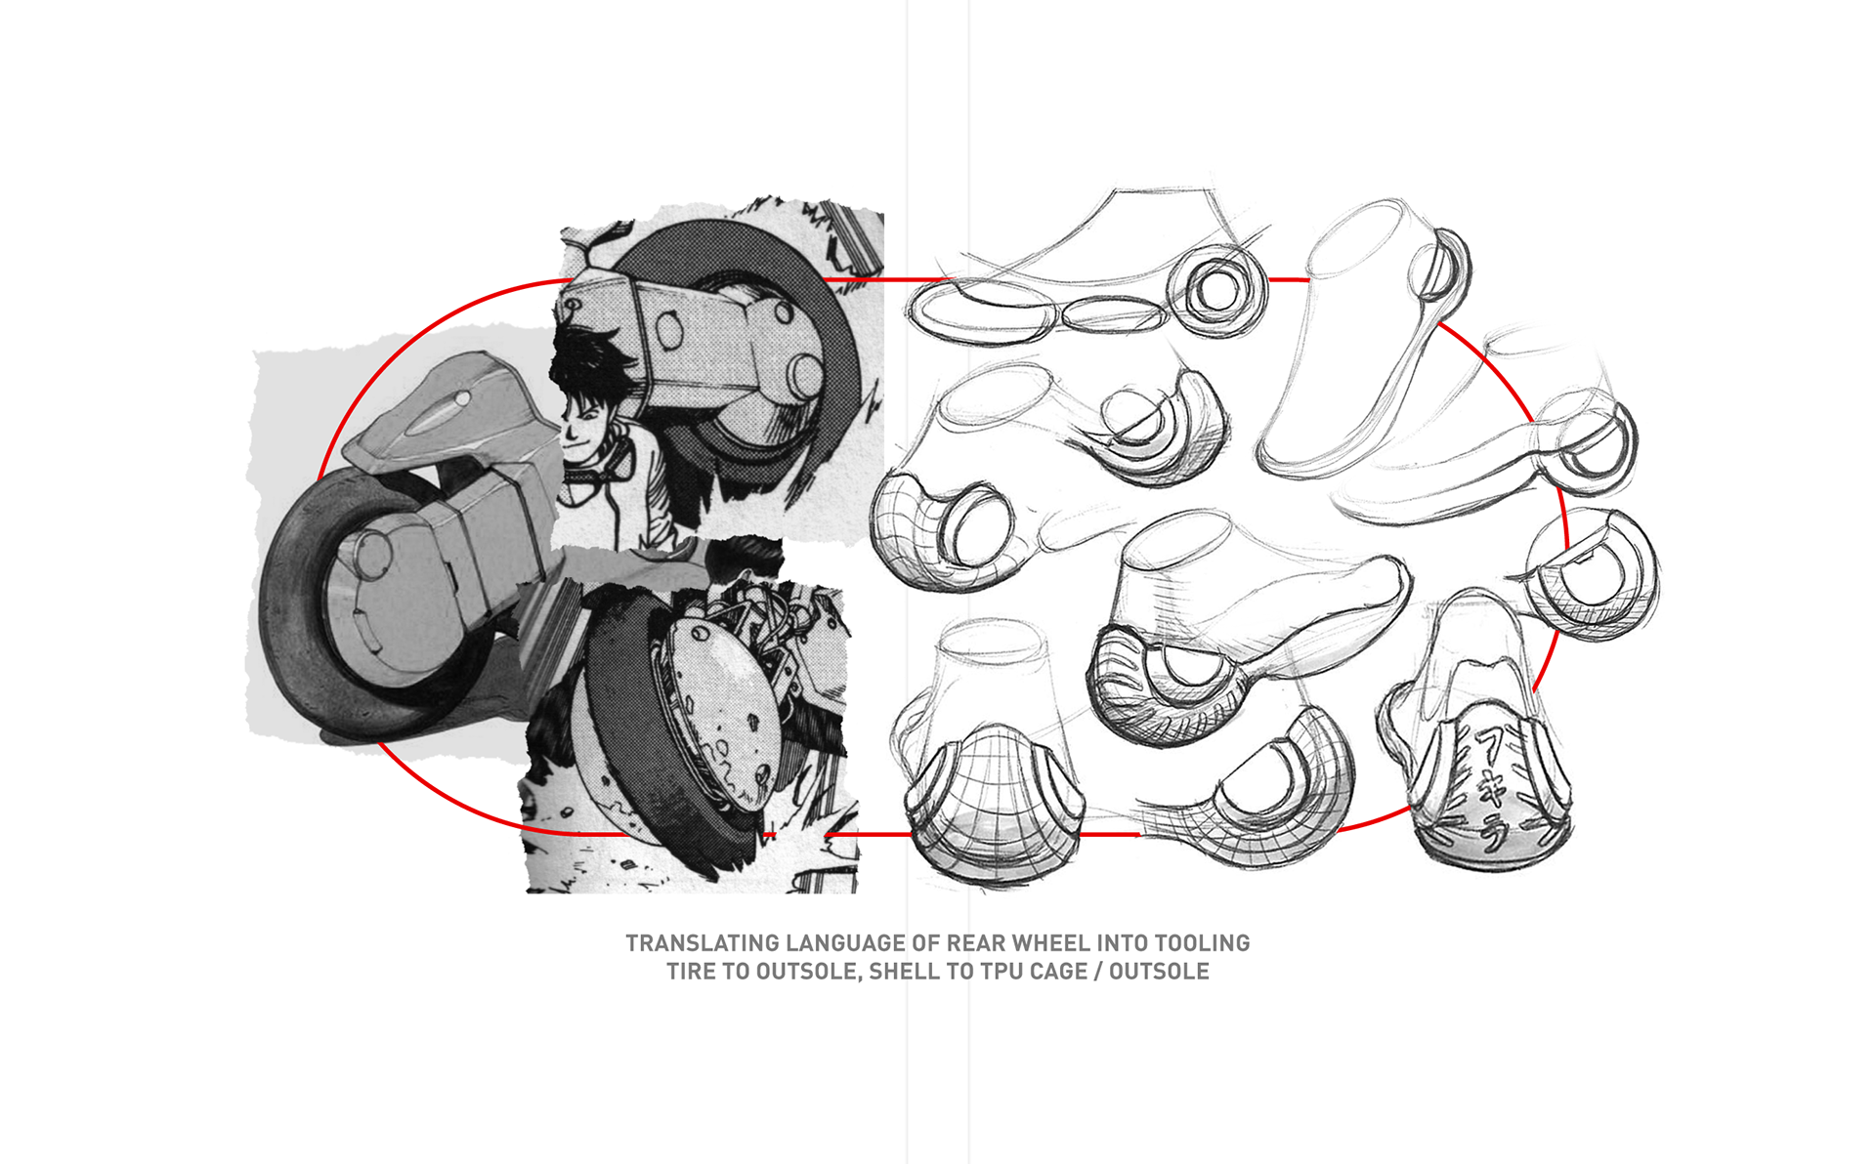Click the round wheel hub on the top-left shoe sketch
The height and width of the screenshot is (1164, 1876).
[1217, 290]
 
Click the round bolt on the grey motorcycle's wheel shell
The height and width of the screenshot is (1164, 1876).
[372, 554]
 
